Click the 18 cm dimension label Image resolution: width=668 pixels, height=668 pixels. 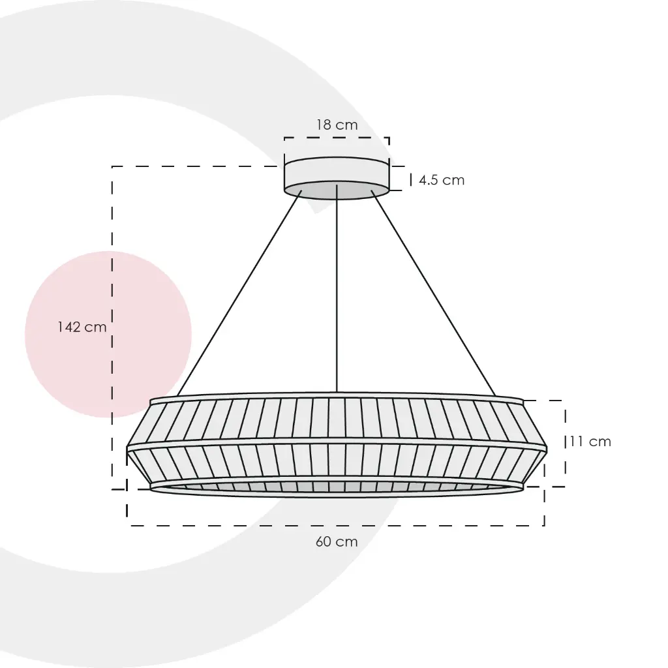pyautogui.click(x=337, y=125)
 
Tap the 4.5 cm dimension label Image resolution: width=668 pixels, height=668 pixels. pyautogui.click(x=442, y=180)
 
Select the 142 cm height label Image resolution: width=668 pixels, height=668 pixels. pyautogui.click(x=82, y=327)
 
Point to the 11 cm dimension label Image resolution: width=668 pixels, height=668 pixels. pyautogui.click(x=590, y=442)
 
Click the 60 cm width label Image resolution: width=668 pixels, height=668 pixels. pyautogui.click(x=337, y=541)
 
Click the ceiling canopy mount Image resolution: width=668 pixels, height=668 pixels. pyautogui.click(x=337, y=178)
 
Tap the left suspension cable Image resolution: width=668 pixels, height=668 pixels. pyautogui.click(x=239, y=293)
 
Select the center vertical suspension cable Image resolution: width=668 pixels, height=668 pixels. pyautogui.click(x=337, y=288)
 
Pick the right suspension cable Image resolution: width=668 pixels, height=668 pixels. pyautogui.click(x=433, y=293)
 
